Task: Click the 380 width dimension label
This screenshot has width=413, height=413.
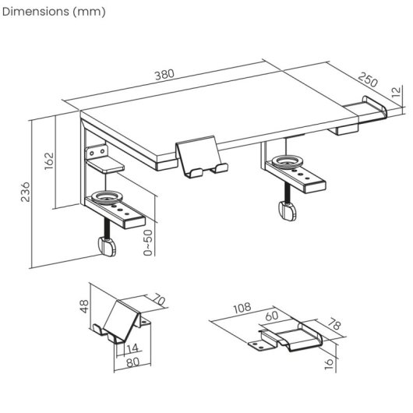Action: click(164, 75)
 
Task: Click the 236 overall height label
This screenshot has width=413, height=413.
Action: click(24, 191)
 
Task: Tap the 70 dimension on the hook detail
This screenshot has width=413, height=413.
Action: click(161, 299)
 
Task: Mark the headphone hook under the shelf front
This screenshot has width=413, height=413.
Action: click(203, 158)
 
